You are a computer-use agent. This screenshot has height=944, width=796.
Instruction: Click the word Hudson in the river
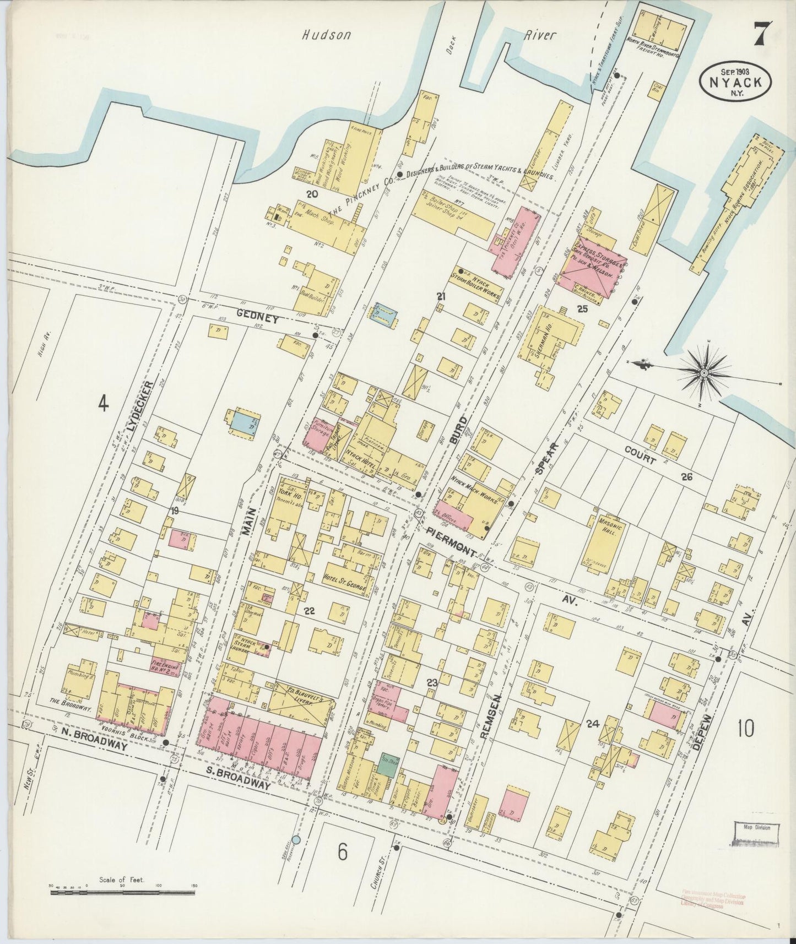(x=326, y=35)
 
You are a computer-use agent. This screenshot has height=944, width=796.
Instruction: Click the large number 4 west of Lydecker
(x=103, y=404)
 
